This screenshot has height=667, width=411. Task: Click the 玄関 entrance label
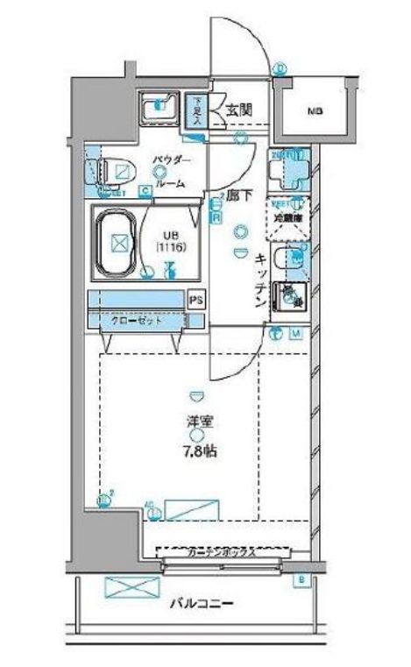click(x=238, y=110)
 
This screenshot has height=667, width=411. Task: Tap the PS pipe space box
click(x=196, y=300)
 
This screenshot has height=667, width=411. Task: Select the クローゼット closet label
click(x=136, y=320)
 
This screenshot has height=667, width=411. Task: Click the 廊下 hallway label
click(x=239, y=198)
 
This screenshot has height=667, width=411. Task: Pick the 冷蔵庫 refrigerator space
click(x=287, y=216)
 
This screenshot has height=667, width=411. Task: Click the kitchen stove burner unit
click(x=289, y=297)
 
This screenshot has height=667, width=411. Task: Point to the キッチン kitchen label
click(x=260, y=281)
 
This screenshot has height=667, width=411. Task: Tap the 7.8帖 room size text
click(x=200, y=453)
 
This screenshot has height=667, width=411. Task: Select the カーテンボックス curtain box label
click(x=221, y=552)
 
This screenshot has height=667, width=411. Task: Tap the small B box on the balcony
click(x=301, y=580)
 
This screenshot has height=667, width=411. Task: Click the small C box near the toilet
click(x=143, y=188)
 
